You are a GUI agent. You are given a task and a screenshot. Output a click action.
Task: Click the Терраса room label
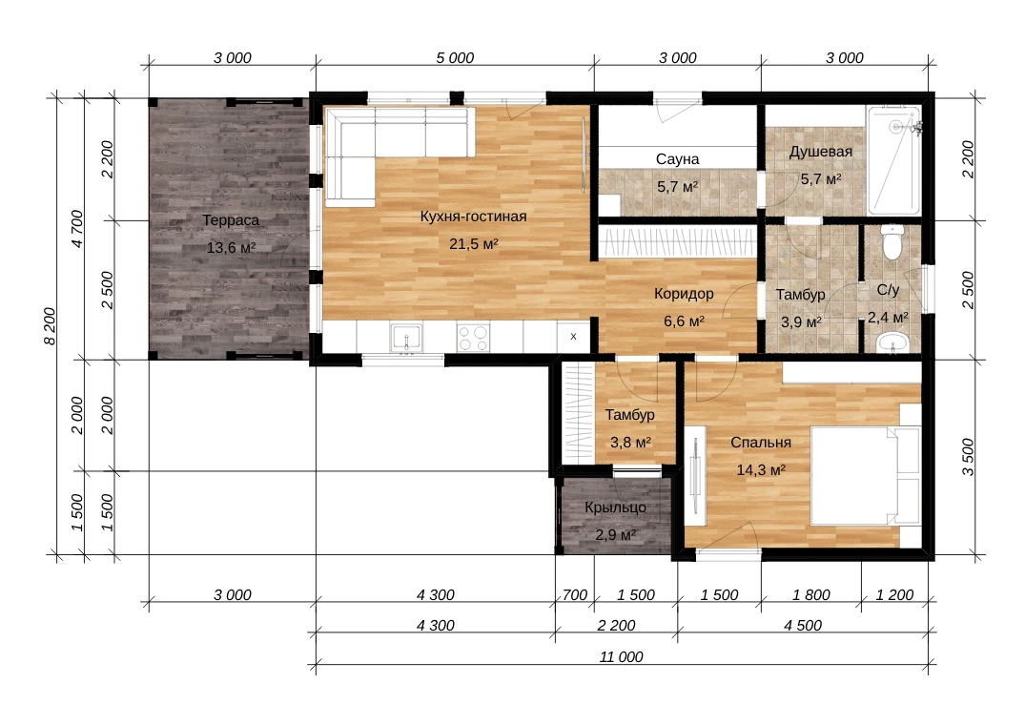pyautogui.click(x=231, y=220)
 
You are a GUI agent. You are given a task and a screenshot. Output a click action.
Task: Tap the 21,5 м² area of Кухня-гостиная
pyautogui.click(x=473, y=244)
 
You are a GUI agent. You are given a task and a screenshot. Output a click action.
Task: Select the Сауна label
pyautogui.click(x=677, y=159)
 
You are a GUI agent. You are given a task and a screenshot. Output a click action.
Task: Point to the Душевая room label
pyautogui.click(x=820, y=152)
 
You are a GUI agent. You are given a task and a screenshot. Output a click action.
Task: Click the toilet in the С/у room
pyautogui.click(x=892, y=241)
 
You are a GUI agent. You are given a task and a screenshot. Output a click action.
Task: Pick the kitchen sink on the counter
pyautogui.click(x=406, y=338)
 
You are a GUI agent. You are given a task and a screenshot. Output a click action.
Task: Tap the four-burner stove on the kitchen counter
pyautogui.click(x=473, y=338)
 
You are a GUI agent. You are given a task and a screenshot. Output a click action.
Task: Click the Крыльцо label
pyautogui.click(x=615, y=507)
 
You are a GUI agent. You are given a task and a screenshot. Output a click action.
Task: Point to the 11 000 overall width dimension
pyautogui.click(x=621, y=657)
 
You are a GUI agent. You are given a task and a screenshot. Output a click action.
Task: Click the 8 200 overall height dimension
pyautogui.click(x=51, y=326)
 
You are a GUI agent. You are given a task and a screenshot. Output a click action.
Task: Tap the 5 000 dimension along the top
pyautogui.click(x=455, y=58)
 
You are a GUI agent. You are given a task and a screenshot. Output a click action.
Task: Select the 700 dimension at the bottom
pyautogui.click(x=575, y=595)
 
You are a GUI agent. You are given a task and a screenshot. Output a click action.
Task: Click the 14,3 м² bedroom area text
pyautogui.click(x=761, y=470)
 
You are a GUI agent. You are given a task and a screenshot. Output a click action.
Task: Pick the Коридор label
pyautogui.click(x=684, y=294)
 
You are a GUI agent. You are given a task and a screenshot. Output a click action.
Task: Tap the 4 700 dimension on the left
pyautogui.click(x=77, y=229)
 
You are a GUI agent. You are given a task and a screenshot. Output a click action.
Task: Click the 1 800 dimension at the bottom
pyautogui.click(x=811, y=595)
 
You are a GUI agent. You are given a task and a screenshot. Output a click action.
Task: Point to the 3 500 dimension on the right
pyautogui.click(x=968, y=457)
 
